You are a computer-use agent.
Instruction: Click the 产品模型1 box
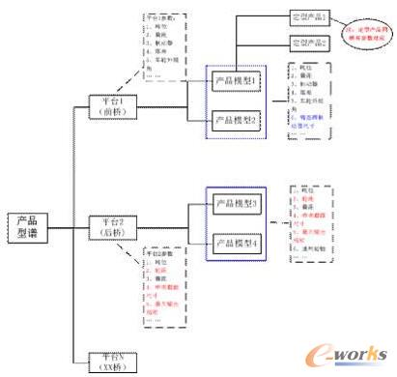(237, 80)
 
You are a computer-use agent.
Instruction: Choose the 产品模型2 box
(237, 120)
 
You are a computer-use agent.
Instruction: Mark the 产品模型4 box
(236, 243)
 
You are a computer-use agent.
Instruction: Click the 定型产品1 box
(311, 17)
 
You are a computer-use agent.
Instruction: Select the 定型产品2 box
(311, 43)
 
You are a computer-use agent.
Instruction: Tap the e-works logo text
(358, 354)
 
